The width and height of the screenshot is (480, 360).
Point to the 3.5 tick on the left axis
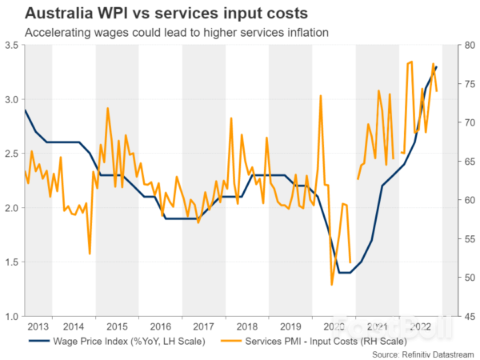pos(10,46)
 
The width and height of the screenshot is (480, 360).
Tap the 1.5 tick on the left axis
pos(10,262)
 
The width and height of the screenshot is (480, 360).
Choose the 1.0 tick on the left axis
pos(10,317)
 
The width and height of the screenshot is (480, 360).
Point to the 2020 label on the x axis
pos(331,327)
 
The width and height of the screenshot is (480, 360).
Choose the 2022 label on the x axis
pos(418,327)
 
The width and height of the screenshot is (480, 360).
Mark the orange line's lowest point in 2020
pos(331,284)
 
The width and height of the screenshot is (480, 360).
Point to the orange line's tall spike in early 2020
pos(321,95)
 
